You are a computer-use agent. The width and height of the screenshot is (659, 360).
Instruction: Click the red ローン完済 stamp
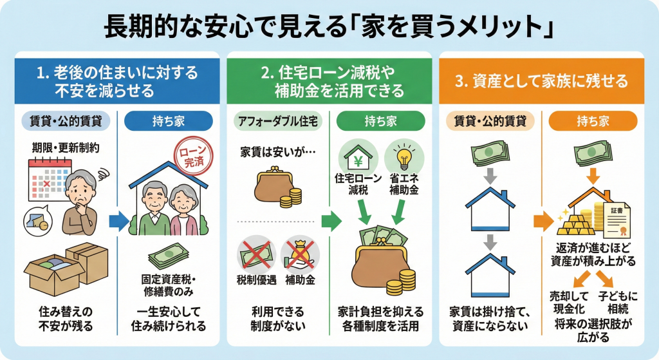192,156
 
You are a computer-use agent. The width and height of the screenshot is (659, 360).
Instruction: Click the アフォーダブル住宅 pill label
275,120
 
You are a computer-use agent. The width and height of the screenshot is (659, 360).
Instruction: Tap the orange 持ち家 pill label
593,120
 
